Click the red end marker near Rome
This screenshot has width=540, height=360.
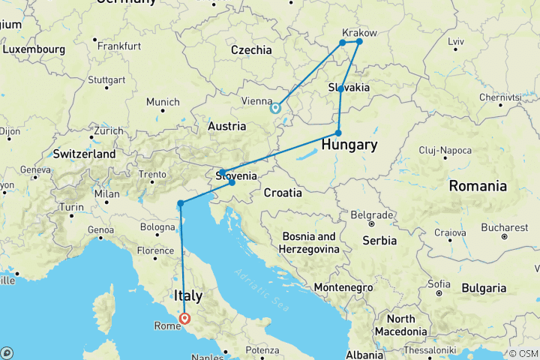pos(184,318)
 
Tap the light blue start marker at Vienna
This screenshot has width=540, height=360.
pos(275,108)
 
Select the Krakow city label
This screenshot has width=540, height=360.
pos(359,33)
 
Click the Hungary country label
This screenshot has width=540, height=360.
pos(349,145)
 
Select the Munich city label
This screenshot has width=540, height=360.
pos(163,102)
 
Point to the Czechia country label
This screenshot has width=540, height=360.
pos(251,50)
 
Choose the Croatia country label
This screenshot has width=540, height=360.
pos(283,193)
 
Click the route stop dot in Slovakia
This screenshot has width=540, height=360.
pos(340,88)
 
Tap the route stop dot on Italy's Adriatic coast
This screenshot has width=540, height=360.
pos(181,203)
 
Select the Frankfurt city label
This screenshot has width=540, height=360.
pos(118,46)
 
